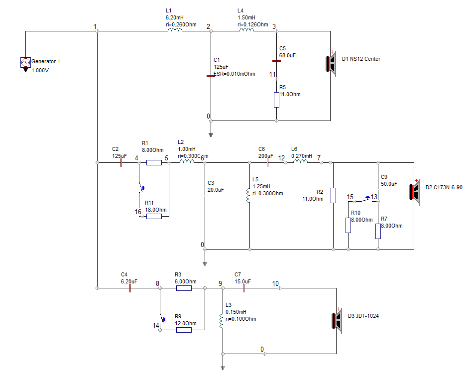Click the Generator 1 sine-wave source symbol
click(25, 62)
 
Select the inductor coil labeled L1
click(175, 30)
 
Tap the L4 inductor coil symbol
click(246, 30)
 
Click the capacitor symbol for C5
click(276, 61)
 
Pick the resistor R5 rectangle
click(276, 100)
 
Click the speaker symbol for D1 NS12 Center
click(331, 64)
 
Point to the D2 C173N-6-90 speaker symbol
click(415, 192)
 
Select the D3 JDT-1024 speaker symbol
click(337, 320)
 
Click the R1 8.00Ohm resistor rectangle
click(154, 162)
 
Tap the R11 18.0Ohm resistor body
click(154, 216)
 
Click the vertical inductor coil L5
click(248, 195)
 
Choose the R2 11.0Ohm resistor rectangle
click(333, 195)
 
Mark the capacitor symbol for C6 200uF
click(267, 162)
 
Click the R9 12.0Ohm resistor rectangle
click(184, 330)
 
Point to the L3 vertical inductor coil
click(221, 321)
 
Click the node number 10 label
click(275, 283)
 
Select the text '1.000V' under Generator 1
click(40, 70)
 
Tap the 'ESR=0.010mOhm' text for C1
click(235, 74)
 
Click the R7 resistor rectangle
click(378, 231)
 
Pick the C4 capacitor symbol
click(130, 288)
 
